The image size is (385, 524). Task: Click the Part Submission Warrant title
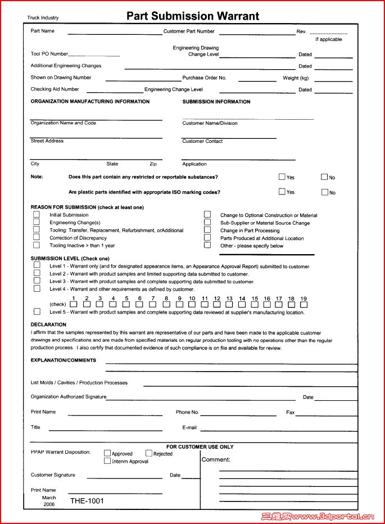[x=193, y=16]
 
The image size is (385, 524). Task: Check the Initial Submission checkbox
[x=37, y=214]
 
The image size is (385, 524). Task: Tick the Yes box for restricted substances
[x=282, y=177]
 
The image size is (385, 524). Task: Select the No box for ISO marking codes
[x=324, y=192]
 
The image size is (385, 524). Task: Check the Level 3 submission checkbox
[x=37, y=281]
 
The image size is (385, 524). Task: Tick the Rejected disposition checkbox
[x=149, y=453]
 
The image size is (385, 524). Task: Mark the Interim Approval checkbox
[x=107, y=461]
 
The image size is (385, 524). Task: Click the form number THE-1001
[x=87, y=500]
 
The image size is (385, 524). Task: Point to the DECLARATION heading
[x=48, y=324]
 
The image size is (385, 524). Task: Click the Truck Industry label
[x=43, y=18]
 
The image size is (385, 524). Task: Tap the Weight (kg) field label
[x=296, y=78]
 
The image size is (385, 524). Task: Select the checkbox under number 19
[x=304, y=305]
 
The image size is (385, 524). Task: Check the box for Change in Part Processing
[x=207, y=230]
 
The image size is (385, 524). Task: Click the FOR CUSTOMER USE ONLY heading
[x=200, y=446]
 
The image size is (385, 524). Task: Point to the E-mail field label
[x=189, y=427]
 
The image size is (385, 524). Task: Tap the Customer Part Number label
[x=189, y=31]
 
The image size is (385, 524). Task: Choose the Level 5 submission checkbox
[x=37, y=311]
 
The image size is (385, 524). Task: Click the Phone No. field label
[x=187, y=412]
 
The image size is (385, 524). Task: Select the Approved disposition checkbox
[x=107, y=453]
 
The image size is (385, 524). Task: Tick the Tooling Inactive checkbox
[x=37, y=245]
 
